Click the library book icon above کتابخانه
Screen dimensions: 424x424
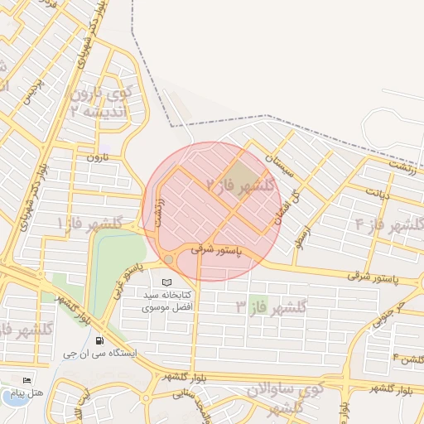click(x=169, y=283)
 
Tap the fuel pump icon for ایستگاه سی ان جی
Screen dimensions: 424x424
click(x=100, y=340)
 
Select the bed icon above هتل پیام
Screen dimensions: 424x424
click(x=27, y=381)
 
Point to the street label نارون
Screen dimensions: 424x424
click(x=98, y=157)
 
